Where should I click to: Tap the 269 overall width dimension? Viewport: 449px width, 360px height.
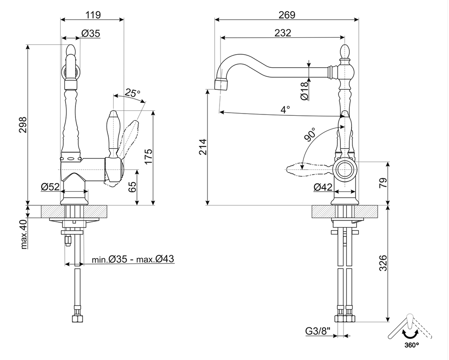pos(286,14)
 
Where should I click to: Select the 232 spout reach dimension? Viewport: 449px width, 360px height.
pos(282,32)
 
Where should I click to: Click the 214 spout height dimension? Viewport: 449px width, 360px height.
pos(202,147)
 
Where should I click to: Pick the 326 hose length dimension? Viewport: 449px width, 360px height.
pos(383,263)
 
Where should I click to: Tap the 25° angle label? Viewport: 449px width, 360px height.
pos(132,93)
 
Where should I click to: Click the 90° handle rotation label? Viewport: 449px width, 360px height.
pos(310,135)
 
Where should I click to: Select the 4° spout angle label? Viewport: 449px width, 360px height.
pos(285,108)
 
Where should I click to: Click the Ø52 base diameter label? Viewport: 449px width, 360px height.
pos(50,187)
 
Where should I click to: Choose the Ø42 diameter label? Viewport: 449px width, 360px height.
pos(322,187)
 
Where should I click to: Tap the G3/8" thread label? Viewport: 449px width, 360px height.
pos(318,332)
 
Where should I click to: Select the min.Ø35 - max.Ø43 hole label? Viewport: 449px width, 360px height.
pos(133,259)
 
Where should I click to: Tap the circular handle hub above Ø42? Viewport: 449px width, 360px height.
pos(345,170)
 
